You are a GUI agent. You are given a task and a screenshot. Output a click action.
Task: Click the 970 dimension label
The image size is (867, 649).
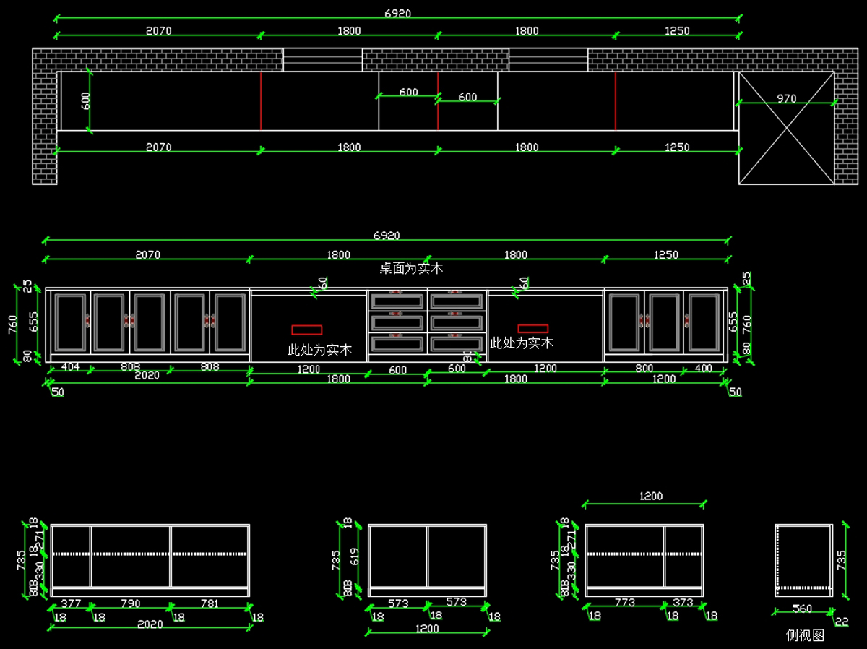(x=786, y=98)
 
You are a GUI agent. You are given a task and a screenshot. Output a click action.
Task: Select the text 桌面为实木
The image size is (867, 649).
(x=411, y=269)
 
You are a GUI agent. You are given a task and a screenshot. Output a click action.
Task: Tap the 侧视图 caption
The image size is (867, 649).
(x=805, y=635)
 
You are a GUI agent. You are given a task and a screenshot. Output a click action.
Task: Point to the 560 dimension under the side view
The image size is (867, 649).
(x=802, y=609)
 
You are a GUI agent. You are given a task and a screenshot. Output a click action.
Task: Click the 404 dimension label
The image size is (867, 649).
(x=70, y=367)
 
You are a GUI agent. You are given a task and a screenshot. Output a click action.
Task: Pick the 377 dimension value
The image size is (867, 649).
(x=71, y=603)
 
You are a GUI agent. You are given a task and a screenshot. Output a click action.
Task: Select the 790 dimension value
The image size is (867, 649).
(x=130, y=603)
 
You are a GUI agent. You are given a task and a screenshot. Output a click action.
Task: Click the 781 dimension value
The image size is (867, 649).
(x=210, y=603)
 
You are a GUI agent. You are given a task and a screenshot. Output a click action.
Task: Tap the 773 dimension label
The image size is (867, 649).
(x=625, y=602)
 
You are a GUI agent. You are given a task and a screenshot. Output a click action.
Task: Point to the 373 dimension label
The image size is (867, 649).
(x=683, y=602)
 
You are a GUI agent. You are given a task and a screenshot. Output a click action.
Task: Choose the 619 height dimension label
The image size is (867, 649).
(x=354, y=556)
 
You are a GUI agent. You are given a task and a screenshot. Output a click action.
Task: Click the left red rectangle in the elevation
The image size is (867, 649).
(x=306, y=330)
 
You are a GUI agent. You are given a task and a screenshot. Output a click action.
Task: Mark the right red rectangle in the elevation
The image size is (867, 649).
(x=532, y=329)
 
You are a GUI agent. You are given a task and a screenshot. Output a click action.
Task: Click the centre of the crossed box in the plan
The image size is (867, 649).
(x=786, y=128)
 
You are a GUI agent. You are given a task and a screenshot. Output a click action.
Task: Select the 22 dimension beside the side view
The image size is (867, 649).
(x=842, y=622)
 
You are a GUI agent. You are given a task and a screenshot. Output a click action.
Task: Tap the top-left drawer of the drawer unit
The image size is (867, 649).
(x=397, y=301)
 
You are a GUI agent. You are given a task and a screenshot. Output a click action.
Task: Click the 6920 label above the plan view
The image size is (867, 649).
(x=397, y=14)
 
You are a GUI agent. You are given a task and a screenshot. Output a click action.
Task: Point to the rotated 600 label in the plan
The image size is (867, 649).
(x=86, y=101)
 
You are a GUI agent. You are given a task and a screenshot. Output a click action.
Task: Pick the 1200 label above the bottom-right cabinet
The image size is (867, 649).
(x=650, y=497)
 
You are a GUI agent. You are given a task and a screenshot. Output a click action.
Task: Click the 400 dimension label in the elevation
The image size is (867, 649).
(x=702, y=369)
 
